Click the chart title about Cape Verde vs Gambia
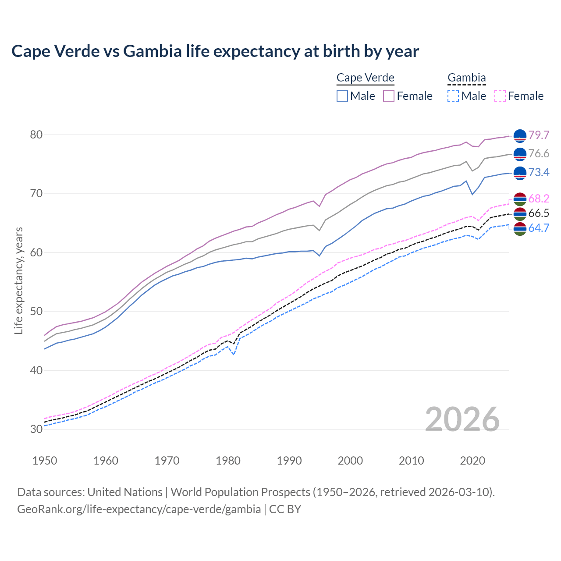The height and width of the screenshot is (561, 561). click(215, 51)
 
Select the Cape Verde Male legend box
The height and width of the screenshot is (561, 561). click(342, 96)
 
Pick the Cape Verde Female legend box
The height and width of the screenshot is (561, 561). click(389, 96)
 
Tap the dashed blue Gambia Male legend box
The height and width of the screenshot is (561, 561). click(453, 96)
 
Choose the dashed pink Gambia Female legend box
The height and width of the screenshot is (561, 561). click(500, 96)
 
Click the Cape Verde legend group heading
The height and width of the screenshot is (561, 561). click(365, 78)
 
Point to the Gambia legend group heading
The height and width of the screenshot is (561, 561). click(466, 78)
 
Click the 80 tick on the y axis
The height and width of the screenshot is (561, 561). click(36, 135)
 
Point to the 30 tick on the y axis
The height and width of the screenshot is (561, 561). click(36, 429)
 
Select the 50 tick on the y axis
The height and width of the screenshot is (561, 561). click(36, 312)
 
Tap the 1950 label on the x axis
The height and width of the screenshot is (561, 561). click(45, 461)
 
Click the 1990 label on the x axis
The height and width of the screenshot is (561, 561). click(289, 461)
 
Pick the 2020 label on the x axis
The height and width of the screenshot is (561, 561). click(472, 461)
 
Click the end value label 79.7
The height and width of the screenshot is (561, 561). click(539, 135)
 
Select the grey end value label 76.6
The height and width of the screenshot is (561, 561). click(539, 154)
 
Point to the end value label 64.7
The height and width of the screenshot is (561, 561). click(539, 228)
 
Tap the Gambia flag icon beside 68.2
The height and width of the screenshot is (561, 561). click(520, 199)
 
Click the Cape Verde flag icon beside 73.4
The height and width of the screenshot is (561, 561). click(520, 173)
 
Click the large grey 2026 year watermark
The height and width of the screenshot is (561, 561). click(462, 419)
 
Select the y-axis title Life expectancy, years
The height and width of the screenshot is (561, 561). click(19, 280)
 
